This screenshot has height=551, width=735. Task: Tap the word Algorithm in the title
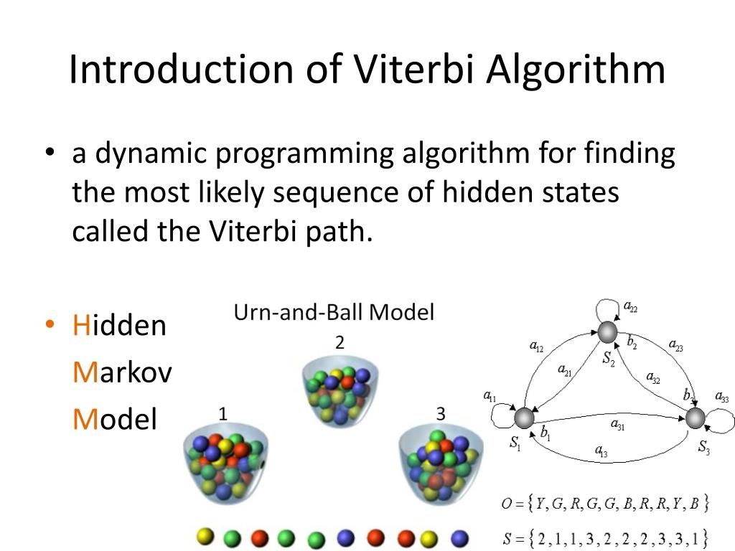tap(576, 70)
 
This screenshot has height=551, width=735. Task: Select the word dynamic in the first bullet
tap(151, 154)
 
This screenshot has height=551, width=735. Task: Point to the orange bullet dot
tap(50, 324)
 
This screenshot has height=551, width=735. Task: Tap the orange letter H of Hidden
tap(81, 325)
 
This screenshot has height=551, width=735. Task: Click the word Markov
tap(122, 372)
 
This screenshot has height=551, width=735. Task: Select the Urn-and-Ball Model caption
tap(334, 313)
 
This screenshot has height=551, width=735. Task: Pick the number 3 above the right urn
tap(441, 414)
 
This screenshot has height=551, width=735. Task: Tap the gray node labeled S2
tap(607, 333)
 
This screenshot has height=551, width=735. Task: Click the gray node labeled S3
tap(695, 418)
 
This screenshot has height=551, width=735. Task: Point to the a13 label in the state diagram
tap(601, 451)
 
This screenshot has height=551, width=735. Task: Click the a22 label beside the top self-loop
tap(630, 307)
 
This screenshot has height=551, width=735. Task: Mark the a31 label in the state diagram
tap(618, 425)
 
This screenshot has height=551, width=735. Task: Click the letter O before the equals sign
tap(507, 504)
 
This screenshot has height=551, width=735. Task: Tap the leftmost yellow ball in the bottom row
tap(205, 537)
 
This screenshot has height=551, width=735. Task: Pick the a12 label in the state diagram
tap(536, 347)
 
